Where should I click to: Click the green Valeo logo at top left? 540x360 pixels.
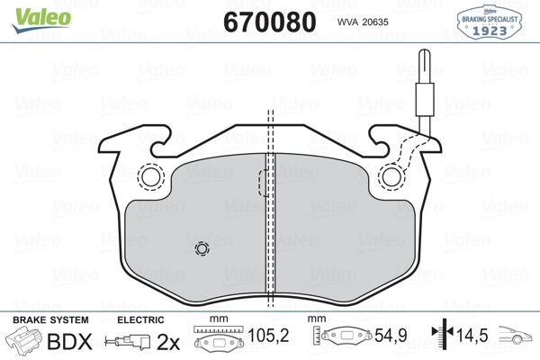(41, 20)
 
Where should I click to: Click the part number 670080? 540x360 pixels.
(270, 22)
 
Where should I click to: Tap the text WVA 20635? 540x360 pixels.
(363, 22)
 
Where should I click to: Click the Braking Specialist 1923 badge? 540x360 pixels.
(489, 22)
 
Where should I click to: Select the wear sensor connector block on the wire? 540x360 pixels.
(425, 99)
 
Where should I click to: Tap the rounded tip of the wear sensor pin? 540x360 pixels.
(425, 50)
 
